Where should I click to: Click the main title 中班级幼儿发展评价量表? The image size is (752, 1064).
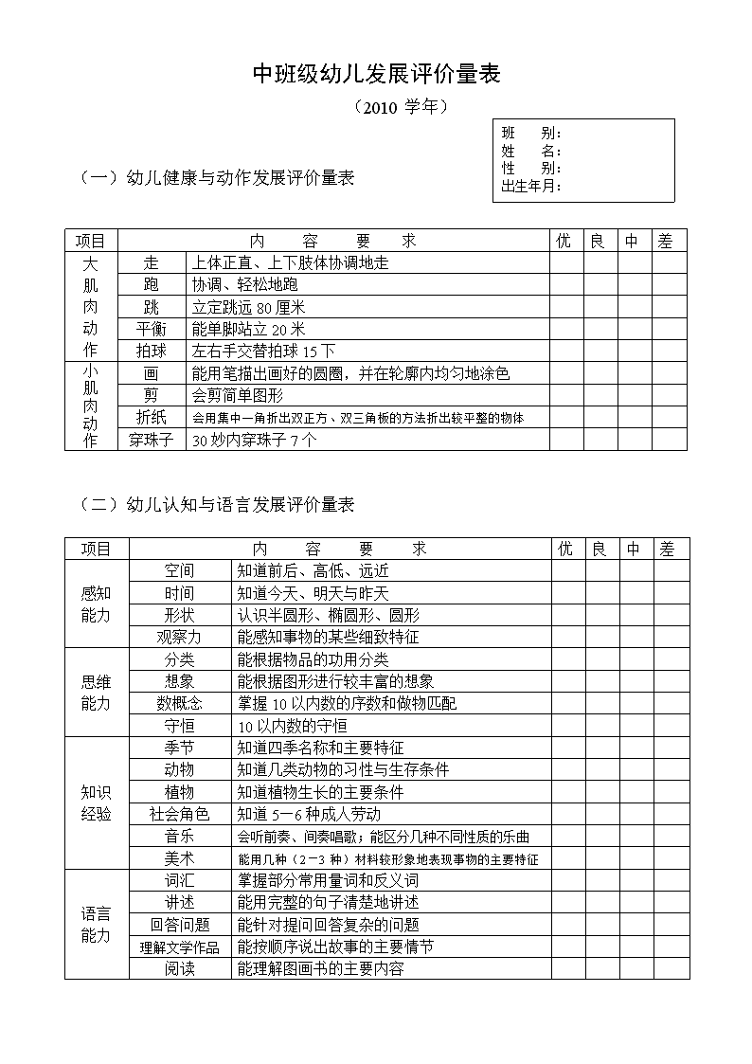point(376,75)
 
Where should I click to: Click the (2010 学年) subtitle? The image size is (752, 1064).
point(399,108)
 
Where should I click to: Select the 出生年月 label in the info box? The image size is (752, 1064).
point(531,186)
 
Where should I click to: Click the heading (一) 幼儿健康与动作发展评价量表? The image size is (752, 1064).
point(217,177)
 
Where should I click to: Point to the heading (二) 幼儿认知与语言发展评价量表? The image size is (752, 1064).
point(217,505)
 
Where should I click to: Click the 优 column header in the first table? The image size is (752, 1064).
point(564,241)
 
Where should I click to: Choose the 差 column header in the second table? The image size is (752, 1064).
point(668,549)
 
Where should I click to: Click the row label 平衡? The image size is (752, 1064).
point(152,329)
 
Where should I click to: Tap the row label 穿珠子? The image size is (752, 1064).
point(152,440)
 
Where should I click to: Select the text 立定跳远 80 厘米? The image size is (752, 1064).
point(248,307)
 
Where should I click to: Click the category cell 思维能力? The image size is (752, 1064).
point(96,693)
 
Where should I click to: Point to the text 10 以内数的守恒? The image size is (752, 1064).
point(292,726)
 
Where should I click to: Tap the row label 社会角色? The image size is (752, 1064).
point(179,814)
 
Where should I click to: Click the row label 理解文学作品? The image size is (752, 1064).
point(179,947)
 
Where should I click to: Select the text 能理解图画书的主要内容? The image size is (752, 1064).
point(320,968)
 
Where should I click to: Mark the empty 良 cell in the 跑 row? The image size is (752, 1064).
point(599,284)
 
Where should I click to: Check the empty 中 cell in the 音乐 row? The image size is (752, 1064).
point(634,836)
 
